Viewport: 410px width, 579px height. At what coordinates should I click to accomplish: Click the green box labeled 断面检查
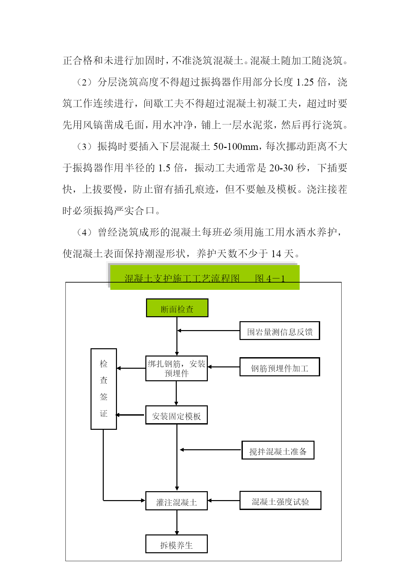click(177, 308)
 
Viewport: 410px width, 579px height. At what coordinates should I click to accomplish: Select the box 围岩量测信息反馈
click(280, 330)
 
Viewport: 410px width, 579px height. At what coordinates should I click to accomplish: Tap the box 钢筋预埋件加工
click(280, 367)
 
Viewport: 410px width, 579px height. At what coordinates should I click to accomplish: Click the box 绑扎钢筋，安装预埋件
click(176, 368)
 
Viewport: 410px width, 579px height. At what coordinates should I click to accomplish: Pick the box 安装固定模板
click(176, 415)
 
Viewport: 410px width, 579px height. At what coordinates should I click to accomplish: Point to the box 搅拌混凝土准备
click(278, 450)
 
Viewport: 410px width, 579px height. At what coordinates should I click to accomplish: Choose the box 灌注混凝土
click(176, 501)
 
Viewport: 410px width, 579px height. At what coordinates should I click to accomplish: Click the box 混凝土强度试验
click(280, 500)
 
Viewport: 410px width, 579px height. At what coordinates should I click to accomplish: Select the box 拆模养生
click(176, 544)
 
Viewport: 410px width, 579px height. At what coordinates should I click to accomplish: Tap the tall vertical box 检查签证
click(104, 389)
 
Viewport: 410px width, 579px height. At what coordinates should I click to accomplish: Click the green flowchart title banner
click(205, 278)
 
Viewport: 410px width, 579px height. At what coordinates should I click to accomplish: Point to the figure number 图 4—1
click(270, 279)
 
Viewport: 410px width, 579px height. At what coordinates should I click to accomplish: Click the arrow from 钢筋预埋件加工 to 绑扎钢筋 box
click(224, 367)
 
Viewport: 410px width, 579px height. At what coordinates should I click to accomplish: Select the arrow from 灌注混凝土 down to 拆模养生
click(177, 522)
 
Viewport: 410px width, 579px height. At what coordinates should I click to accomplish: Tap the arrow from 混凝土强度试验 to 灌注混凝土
click(224, 500)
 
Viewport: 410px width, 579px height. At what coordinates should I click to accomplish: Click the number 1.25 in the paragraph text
click(305, 82)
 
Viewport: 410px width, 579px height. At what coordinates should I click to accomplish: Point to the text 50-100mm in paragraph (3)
click(236, 147)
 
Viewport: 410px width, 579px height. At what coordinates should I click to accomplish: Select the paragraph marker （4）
click(84, 232)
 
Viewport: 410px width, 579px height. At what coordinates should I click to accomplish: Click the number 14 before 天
click(276, 254)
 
